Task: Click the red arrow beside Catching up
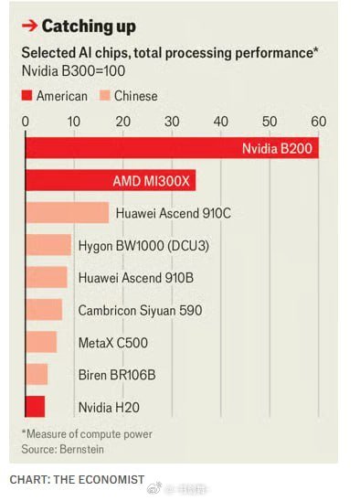point(29,26)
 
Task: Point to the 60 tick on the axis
point(318,121)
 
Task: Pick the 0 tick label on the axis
point(26,121)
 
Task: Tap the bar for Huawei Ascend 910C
point(67,213)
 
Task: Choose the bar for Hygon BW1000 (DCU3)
point(48,245)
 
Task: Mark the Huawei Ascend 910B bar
point(47,277)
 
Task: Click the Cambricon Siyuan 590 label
point(140,310)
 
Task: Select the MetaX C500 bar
point(41,342)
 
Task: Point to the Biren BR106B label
point(116,375)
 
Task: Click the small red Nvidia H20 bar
point(35,407)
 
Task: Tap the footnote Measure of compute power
point(88,433)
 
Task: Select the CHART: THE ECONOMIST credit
point(77,479)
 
